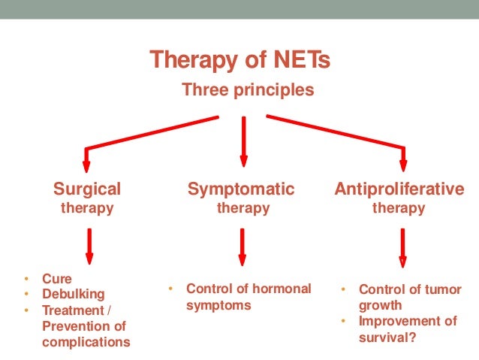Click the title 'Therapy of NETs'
tap(239, 59)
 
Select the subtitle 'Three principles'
tap(247, 91)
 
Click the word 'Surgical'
tap(86, 188)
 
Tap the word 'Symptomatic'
tap(241, 188)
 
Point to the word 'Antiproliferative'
tap(399, 188)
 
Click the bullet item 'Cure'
tap(57, 278)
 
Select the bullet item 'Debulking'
tap(73, 294)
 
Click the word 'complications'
tap(86, 342)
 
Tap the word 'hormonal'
tap(283, 289)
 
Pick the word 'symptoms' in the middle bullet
tap(218, 305)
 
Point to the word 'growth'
tap(380, 305)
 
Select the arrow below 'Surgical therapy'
tap(89, 245)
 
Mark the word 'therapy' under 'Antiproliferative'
tap(399, 207)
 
